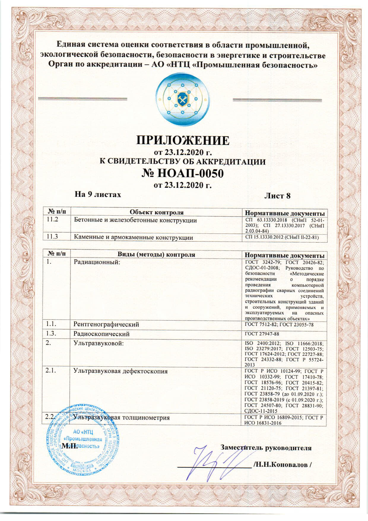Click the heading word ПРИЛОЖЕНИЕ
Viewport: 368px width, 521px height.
[183, 140]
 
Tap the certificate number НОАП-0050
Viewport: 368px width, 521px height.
[182, 173]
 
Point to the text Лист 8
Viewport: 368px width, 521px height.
[277, 196]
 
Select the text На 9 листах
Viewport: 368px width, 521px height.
[98, 195]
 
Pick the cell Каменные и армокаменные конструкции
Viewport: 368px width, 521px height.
[133, 237]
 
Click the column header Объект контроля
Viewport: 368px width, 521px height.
[156, 212]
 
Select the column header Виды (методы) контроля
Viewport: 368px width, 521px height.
[156, 255]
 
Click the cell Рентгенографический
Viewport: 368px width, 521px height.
[106, 324]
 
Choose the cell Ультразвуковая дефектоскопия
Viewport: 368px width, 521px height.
[120, 371]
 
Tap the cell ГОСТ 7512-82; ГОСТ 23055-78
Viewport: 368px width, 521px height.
[279, 324]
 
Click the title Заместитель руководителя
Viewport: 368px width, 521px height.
[266, 448]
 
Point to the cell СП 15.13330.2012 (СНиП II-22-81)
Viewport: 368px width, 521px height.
[282, 237]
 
